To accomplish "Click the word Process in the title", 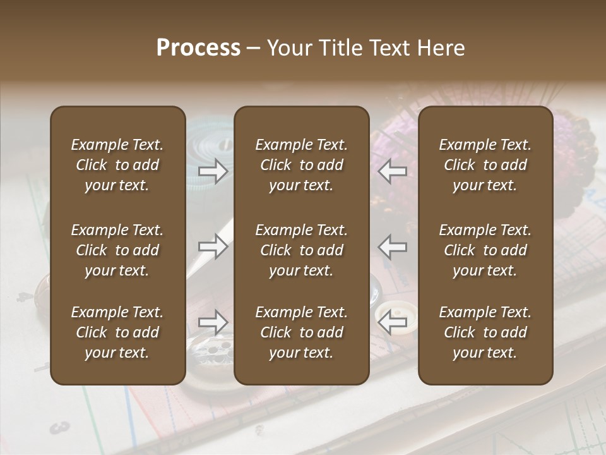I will click(x=198, y=48).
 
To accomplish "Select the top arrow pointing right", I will click(x=213, y=171).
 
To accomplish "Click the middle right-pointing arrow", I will click(x=213, y=246).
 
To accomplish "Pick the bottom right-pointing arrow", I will click(x=213, y=323).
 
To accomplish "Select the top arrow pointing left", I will click(x=393, y=171).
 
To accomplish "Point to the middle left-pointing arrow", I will click(x=393, y=246).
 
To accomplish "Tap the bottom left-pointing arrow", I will click(x=393, y=323).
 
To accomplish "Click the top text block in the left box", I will click(x=117, y=165).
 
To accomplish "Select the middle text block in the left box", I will click(x=117, y=250).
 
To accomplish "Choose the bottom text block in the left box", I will click(x=117, y=332).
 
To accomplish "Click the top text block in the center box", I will click(x=301, y=165).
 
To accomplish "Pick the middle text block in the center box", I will click(x=301, y=250).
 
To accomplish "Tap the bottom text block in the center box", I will click(x=301, y=332).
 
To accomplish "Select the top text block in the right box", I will click(x=485, y=165).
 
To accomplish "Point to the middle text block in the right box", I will click(x=485, y=250).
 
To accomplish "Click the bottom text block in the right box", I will click(x=485, y=332).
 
